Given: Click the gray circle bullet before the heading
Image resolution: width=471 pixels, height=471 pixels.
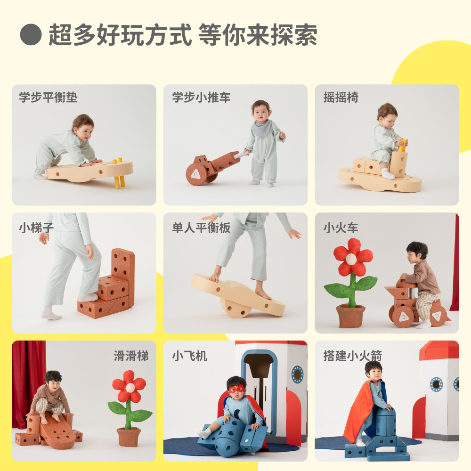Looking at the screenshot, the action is pyautogui.click(x=31, y=34).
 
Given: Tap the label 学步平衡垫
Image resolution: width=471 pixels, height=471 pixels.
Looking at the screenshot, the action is pyautogui.click(x=49, y=97).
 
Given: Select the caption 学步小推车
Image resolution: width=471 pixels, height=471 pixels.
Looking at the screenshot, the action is pyautogui.click(x=201, y=97).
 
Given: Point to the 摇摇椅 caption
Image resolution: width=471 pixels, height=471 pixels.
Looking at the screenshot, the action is pyautogui.click(x=341, y=97).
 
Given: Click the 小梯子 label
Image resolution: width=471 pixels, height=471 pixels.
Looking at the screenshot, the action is pyautogui.click(x=36, y=227).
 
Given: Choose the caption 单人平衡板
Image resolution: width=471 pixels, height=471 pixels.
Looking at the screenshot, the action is pyautogui.click(x=201, y=227).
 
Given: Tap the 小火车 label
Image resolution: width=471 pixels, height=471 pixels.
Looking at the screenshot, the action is pyautogui.click(x=341, y=227).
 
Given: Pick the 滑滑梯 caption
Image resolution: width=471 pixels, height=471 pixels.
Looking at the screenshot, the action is pyautogui.click(x=131, y=356).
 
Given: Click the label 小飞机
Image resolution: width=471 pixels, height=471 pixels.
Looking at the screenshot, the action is pyautogui.click(x=189, y=356).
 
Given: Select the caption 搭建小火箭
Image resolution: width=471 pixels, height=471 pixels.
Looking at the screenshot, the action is pyautogui.click(x=353, y=356).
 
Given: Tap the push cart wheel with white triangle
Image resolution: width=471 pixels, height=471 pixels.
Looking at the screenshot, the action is pyautogui.click(x=196, y=174).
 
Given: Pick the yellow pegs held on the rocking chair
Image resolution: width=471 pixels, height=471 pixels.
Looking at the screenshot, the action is pyautogui.click(x=403, y=146).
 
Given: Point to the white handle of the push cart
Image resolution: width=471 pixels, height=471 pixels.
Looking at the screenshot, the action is pyautogui.click(x=241, y=154).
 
